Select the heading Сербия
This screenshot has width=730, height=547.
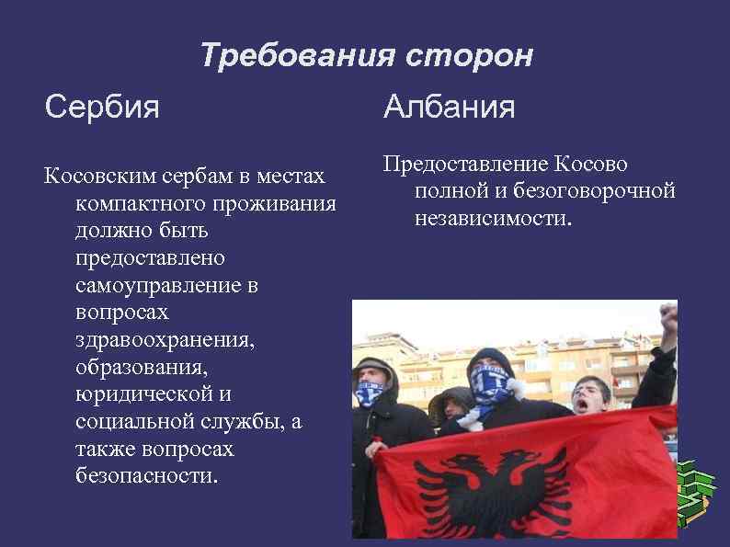pos(101,108)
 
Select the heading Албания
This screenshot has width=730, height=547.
pos(449,108)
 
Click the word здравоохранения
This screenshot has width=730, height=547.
pos(165,340)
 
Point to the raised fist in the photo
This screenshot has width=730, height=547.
pos(668,317)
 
